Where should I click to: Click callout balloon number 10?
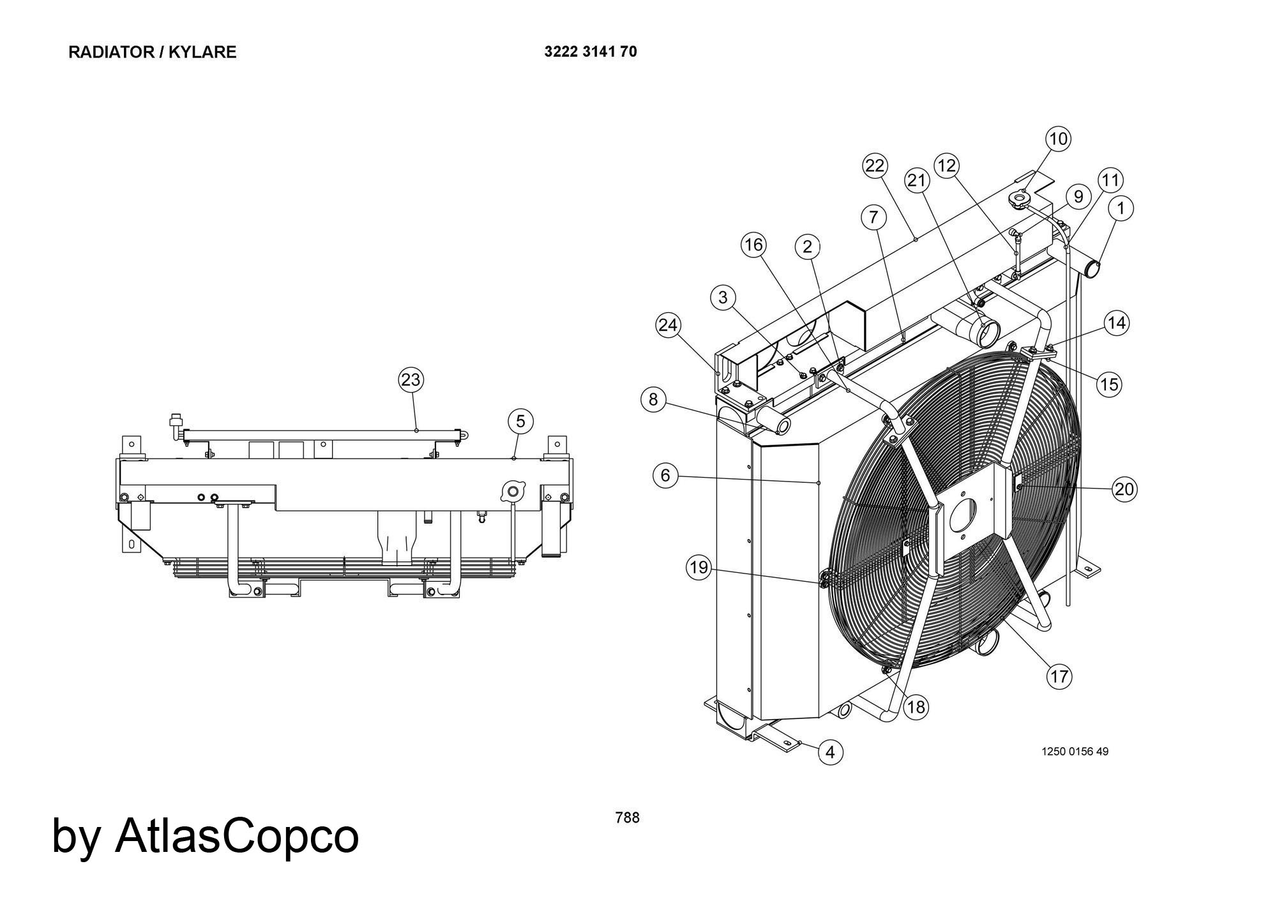click(1058, 139)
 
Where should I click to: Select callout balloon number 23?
click(411, 380)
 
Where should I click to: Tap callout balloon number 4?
click(830, 752)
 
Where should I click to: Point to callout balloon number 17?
click(1059, 676)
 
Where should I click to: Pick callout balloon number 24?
click(668, 325)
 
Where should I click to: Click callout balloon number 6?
click(665, 476)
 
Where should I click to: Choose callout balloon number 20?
click(1124, 489)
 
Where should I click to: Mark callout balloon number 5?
click(520, 421)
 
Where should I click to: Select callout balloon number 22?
click(875, 166)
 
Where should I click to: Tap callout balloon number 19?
click(699, 567)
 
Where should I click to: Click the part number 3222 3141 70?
click(590, 52)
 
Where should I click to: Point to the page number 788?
click(627, 817)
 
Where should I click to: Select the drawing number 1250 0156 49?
click(1075, 752)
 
